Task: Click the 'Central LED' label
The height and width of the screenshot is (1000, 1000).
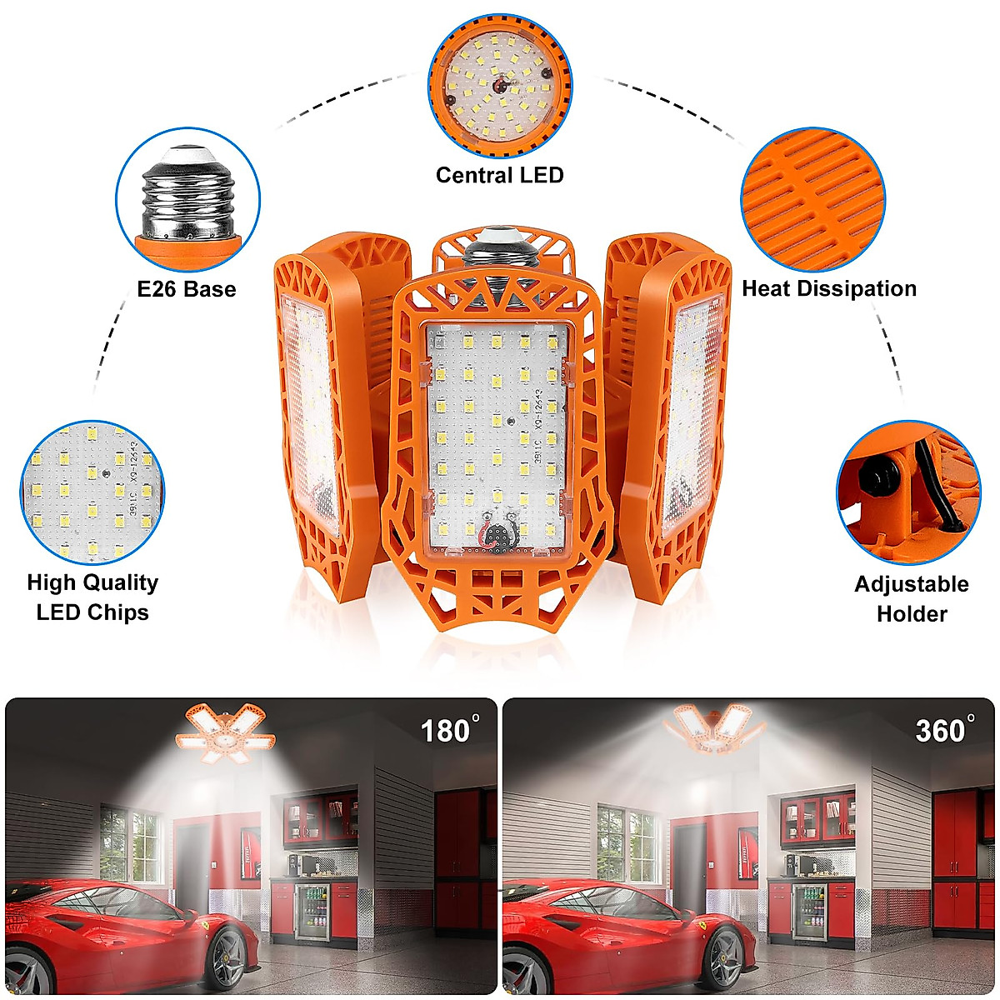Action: point(499,175)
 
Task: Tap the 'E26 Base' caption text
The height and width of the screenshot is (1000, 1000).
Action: point(187,289)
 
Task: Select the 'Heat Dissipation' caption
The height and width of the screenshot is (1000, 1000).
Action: point(829,288)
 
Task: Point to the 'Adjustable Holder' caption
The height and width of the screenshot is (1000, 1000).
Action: point(912,598)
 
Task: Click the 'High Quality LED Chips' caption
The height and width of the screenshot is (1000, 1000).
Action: point(92,597)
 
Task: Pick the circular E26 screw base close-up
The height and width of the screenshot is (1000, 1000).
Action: point(188,200)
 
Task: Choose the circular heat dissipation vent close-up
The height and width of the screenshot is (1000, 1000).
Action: point(813,200)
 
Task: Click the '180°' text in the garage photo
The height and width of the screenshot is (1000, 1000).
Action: point(449,730)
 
